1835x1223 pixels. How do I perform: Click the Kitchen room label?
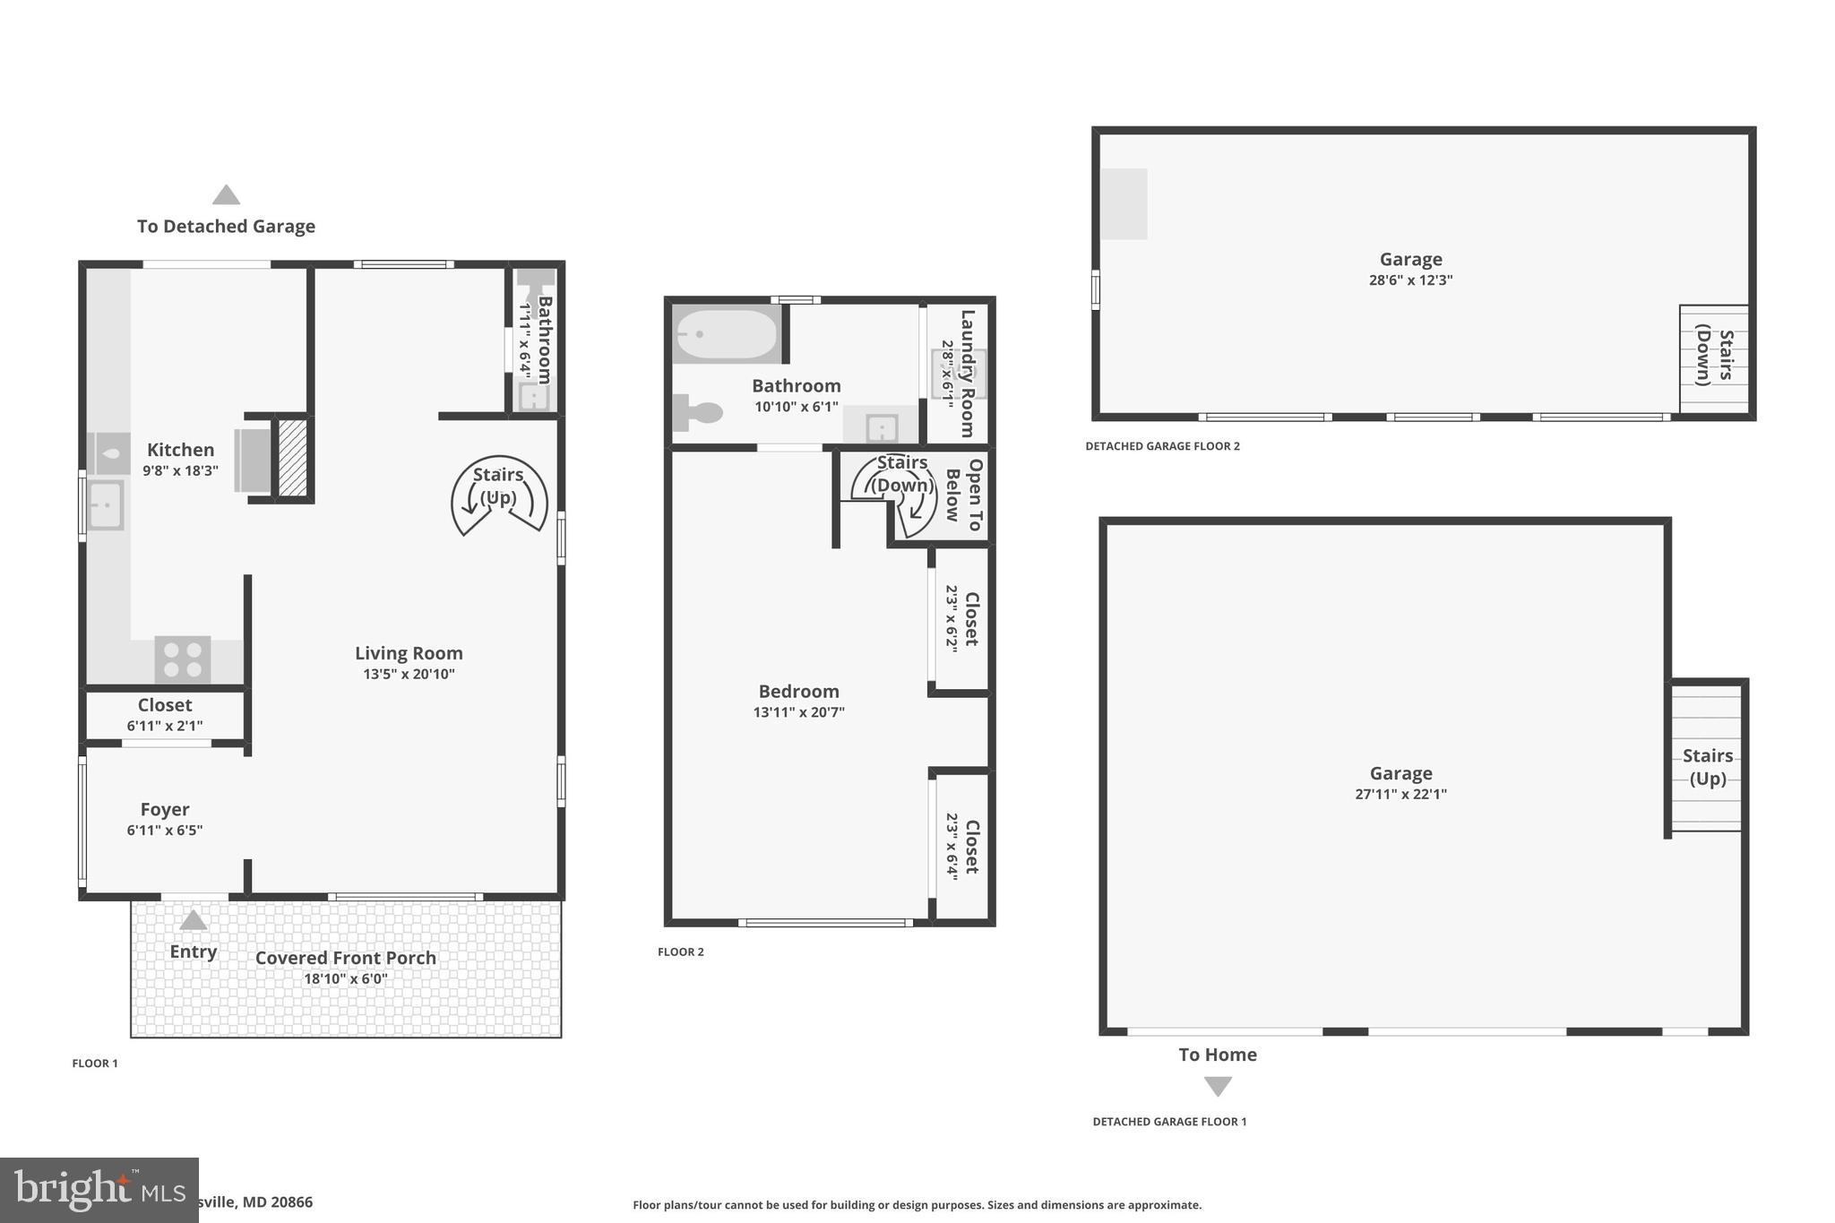click(x=180, y=450)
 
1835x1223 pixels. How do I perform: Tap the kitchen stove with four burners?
click(x=183, y=660)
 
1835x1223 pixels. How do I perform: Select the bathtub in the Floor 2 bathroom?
click(x=726, y=334)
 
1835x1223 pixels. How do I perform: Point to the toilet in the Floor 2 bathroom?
click(x=699, y=413)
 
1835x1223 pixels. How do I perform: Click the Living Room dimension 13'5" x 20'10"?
click(x=409, y=674)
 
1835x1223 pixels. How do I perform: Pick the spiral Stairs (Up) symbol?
click(x=498, y=495)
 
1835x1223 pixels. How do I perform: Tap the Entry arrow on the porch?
click(x=194, y=921)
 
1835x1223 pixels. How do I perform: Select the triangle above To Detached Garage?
click(x=226, y=194)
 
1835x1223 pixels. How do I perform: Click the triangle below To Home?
click(x=1217, y=1086)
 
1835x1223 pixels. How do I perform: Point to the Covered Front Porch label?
click(x=346, y=958)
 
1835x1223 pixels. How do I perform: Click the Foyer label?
click(x=165, y=809)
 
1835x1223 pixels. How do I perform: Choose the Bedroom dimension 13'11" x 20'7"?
click(x=798, y=712)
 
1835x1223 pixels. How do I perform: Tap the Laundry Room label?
click(x=968, y=373)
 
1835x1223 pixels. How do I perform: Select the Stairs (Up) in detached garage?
click(x=1706, y=766)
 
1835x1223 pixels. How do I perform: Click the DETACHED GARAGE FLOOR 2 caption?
click(x=1162, y=446)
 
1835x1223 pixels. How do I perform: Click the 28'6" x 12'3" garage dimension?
click(x=1410, y=280)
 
